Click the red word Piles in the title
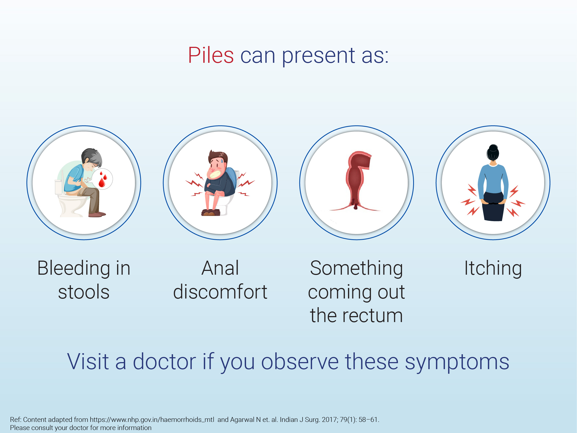(x=211, y=55)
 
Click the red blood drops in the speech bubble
(x=103, y=179)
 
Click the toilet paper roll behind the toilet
(x=58, y=187)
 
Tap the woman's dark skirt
(x=494, y=207)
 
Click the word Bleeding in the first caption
(x=74, y=268)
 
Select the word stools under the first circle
(x=84, y=292)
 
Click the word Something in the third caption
(x=357, y=268)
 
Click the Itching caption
(x=493, y=268)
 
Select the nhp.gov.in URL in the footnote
(x=152, y=420)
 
